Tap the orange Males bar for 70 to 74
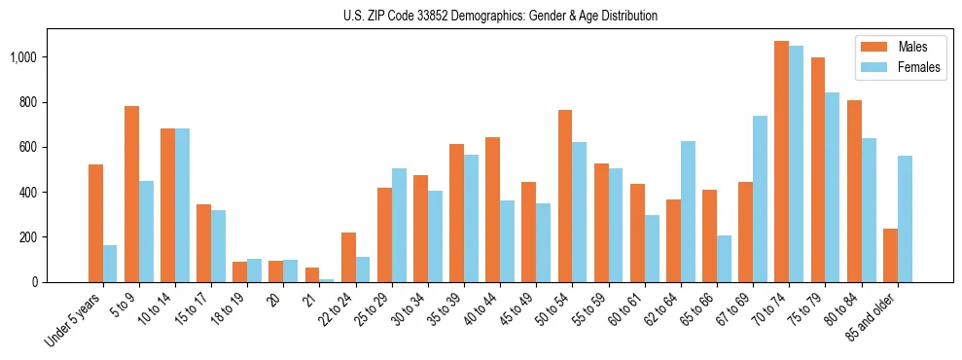(781, 162)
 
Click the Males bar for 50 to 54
(565, 196)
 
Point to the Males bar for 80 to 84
(853, 191)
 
